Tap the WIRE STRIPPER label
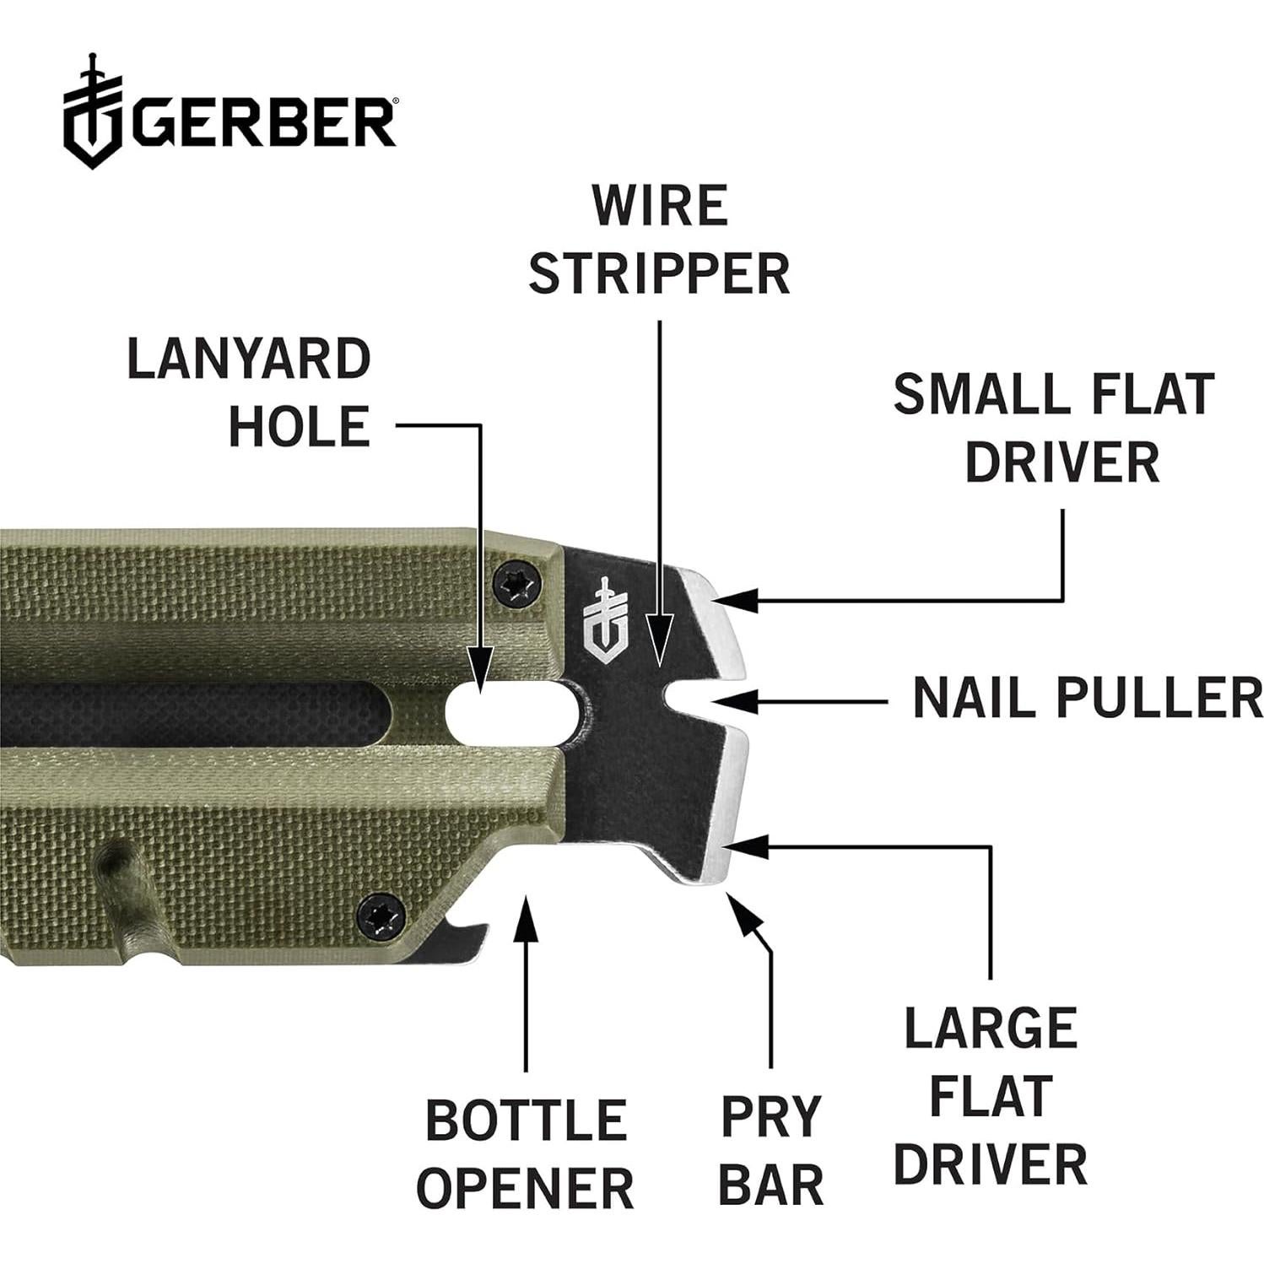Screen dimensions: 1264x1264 [x=659, y=240]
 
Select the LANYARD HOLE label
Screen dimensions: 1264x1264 [x=249, y=392]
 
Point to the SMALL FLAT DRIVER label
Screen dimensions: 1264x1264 [x=1055, y=428]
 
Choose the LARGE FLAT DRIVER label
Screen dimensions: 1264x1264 [x=991, y=1096]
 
